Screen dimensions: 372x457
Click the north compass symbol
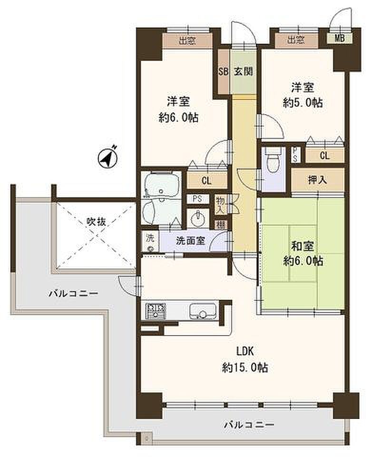click(x=107, y=158)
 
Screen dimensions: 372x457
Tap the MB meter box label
click(x=339, y=38)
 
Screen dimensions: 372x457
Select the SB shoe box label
click(x=224, y=72)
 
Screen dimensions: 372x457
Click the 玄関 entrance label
click(x=243, y=72)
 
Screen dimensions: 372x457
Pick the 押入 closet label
click(x=317, y=180)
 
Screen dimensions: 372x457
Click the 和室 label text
click(x=303, y=247)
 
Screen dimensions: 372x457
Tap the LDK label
click(x=245, y=351)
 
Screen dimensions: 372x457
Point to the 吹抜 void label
click(x=96, y=222)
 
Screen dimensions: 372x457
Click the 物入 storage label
click(x=220, y=205)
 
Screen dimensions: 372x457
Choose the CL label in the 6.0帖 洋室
click(x=206, y=181)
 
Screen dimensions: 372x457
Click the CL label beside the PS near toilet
click(x=324, y=156)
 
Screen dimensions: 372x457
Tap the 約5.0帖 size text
click(x=303, y=103)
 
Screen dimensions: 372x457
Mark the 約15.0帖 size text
click(x=245, y=368)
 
